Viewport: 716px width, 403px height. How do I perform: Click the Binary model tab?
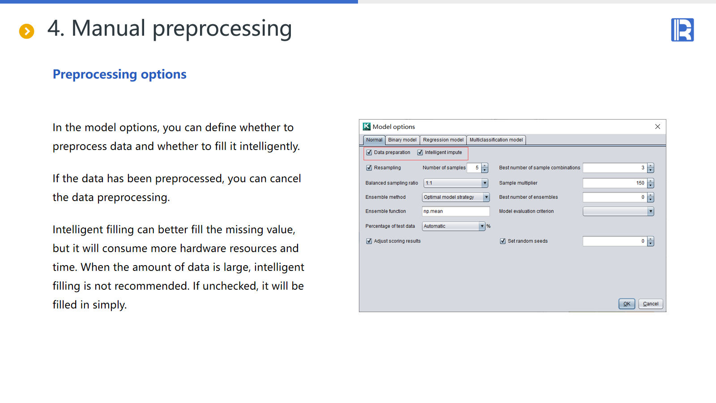tap(402, 140)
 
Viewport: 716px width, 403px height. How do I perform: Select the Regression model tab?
tap(443, 140)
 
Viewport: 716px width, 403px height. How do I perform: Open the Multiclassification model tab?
tap(496, 140)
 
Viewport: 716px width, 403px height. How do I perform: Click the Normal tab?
tap(374, 140)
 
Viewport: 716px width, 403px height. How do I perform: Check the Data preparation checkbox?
tap(369, 153)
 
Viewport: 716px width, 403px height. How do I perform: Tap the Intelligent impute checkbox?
tap(420, 153)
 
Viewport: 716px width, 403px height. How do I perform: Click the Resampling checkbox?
tap(369, 167)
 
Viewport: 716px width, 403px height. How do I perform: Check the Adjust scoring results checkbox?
tap(369, 241)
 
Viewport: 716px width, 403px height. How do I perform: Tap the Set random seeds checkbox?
tap(503, 241)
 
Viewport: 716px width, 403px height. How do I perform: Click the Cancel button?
tap(651, 304)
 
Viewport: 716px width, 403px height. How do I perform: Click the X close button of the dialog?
tap(657, 127)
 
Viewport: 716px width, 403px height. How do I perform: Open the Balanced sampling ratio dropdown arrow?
tap(485, 183)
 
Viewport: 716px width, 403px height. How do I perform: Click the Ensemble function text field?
tap(456, 211)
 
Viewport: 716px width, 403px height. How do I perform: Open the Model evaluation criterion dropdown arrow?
tap(651, 211)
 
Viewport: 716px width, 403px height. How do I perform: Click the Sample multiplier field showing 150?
tap(615, 183)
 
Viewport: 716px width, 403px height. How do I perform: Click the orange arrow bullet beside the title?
tap(26, 31)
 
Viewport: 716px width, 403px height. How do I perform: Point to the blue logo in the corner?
tap(682, 30)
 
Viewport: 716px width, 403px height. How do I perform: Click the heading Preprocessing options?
tap(119, 74)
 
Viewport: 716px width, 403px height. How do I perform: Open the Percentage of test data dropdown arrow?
tap(482, 226)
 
